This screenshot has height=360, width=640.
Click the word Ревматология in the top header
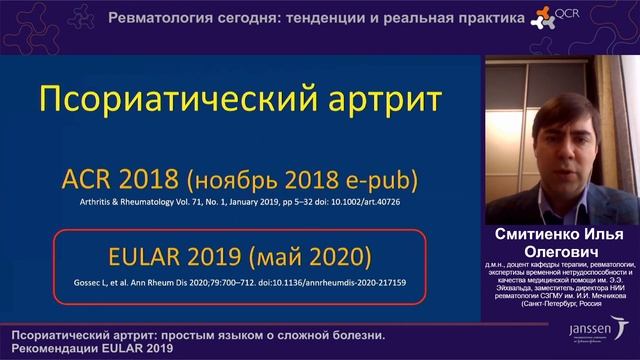[156, 19]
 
